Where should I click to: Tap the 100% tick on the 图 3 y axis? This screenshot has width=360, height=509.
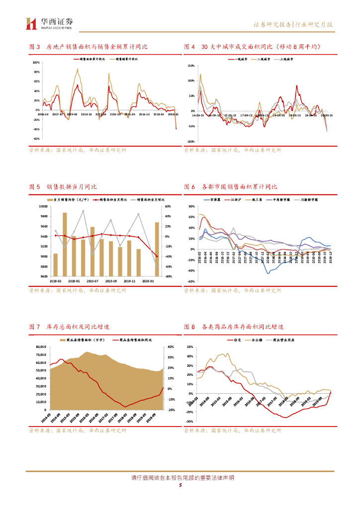click(x=36, y=63)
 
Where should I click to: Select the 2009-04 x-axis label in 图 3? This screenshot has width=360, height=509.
click(x=72, y=114)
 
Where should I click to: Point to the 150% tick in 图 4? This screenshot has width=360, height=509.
click(x=190, y=66)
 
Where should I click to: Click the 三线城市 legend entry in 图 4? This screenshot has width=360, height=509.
click(x=287, y=59)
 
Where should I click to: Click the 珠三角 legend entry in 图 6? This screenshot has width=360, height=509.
click(x=257, y=199)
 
